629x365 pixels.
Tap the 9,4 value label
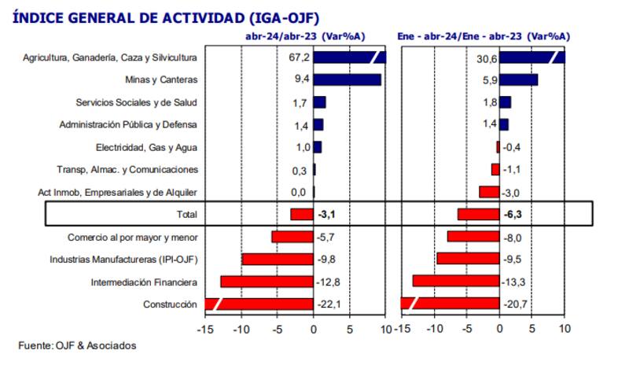tap(300, 79)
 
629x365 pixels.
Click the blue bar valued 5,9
tap(519, 79)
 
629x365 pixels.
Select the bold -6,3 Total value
tap(512, 214)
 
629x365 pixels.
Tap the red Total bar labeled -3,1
tap(302, 214)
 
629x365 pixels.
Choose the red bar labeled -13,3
tap(456, 282)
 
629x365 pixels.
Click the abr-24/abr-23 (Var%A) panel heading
tap(303, 35)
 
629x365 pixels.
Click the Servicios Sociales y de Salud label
tap(136, 102)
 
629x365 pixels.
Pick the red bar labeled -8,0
tap(473, 237)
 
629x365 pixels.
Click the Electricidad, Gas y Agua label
tap(146, 147)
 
